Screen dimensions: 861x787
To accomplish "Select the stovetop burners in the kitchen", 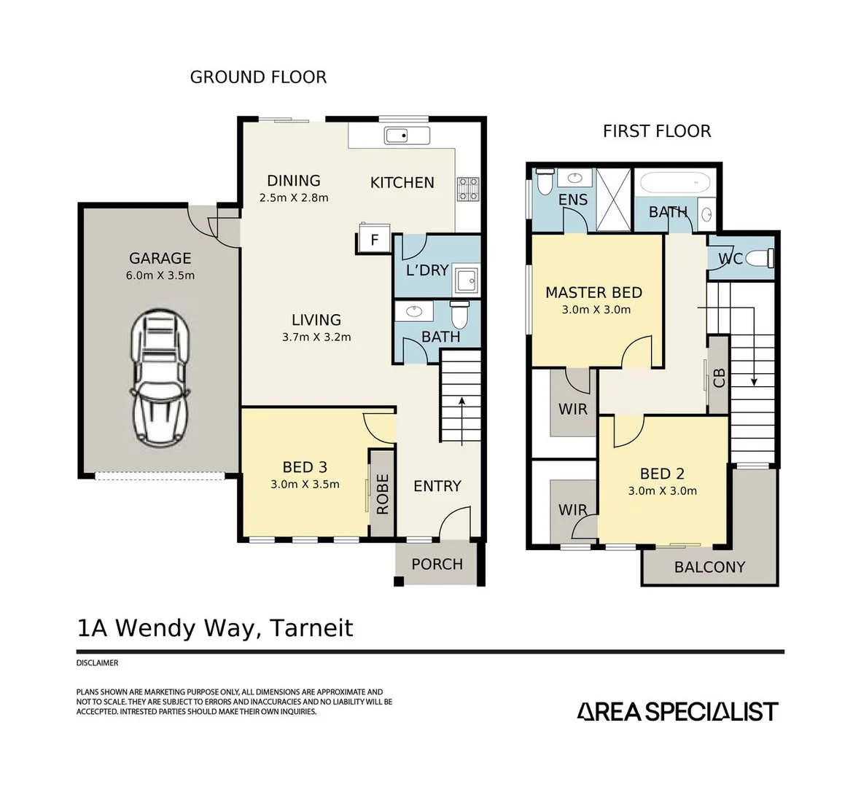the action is pos(468,189).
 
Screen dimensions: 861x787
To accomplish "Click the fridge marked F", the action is pos(374,238).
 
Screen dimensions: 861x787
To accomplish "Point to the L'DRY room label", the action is pos(427,270).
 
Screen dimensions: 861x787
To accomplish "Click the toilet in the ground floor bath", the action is pos(459,314).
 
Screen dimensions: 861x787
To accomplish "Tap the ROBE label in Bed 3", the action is pos(382,494).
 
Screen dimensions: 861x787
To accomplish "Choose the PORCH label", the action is pos(437,564).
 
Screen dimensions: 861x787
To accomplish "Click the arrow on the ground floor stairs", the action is pos(461,421).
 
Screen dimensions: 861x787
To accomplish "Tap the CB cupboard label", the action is pos(719,378).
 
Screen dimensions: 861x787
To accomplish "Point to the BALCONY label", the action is pos(709,567).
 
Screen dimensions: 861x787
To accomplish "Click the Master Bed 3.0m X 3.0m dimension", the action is pos(596,310).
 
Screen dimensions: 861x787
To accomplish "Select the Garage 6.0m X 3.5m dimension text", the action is pos(160,275).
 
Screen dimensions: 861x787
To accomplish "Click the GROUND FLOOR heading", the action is pos(258,77).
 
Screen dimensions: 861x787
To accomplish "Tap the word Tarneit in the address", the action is pos(312,628).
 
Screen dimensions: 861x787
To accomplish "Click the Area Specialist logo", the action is pos(677,711).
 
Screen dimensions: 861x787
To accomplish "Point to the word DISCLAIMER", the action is pos(97,663).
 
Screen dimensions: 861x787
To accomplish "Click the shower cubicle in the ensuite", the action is pos(613,200).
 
